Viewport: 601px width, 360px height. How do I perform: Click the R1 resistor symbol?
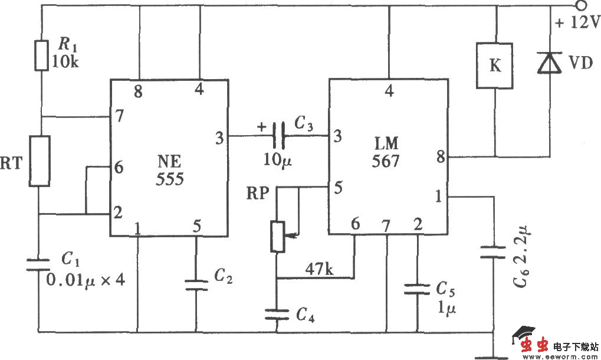41,55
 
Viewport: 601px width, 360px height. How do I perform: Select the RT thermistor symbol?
40,161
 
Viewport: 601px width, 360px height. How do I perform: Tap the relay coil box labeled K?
495,65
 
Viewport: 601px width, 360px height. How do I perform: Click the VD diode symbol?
550,63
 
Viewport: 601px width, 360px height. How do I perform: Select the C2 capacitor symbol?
196,284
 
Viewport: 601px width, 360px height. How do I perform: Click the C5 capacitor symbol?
417,289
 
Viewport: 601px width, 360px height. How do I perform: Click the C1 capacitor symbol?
40,263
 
